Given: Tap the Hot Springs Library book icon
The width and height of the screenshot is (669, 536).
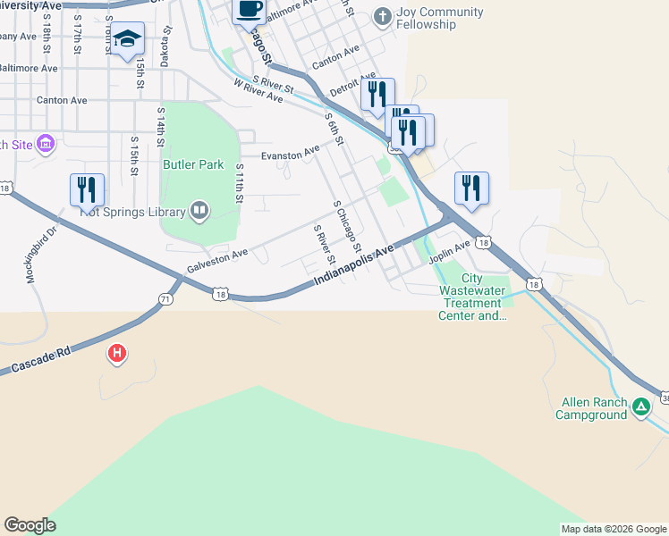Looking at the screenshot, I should pos(199,212).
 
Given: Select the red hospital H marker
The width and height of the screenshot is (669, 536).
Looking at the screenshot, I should pos(116,354).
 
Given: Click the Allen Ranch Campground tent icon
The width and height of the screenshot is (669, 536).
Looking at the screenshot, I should pos(641,407).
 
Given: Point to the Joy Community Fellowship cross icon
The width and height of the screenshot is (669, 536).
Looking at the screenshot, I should pos(382,16).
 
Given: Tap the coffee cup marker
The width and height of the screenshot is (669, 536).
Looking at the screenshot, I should pos(250,9).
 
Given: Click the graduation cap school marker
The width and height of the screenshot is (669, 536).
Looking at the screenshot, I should pos(128,39).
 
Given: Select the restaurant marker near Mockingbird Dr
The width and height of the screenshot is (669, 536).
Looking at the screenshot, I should pos(87,189).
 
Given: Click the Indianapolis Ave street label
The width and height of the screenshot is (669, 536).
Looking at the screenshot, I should pos(353,267).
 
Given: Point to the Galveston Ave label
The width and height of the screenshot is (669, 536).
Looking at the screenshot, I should pos(217,262).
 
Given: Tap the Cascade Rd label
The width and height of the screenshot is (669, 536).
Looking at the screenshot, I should pos(41,360).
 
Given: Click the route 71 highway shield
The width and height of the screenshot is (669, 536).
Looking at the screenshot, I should pos(165,299).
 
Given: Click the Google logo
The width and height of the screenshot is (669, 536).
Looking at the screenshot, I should pos(30,525).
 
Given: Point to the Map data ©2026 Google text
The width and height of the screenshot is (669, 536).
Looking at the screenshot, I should pos(613,529).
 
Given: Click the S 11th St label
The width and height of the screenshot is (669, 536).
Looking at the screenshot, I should pos(239,183).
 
